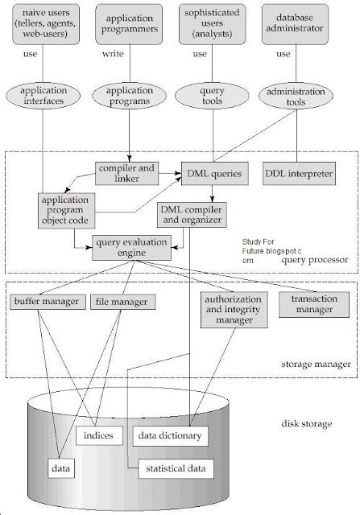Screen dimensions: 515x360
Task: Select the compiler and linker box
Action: point(126,172)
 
